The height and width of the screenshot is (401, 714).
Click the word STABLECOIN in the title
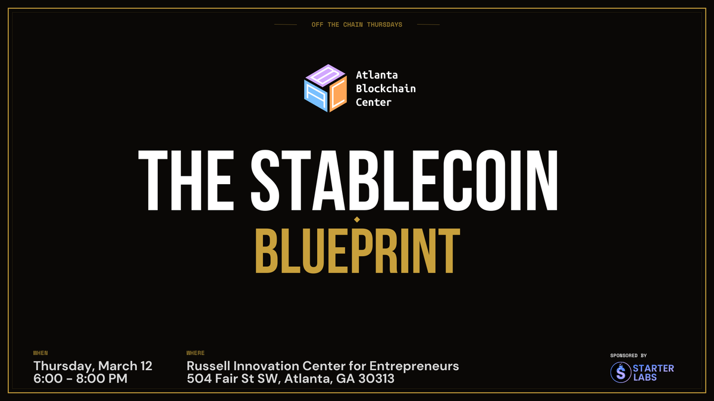405,180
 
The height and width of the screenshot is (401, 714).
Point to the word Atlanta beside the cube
376,75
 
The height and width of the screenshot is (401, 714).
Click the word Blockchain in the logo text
386,89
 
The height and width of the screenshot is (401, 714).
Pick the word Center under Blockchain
374,102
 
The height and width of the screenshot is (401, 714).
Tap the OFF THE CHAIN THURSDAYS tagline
357,24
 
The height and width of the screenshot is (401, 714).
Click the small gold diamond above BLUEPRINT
357,220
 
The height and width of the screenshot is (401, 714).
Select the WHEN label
40,353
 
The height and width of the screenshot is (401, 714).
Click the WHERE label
196,353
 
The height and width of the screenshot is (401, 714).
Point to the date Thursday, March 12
93,366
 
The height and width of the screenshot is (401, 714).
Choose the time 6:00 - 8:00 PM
80,378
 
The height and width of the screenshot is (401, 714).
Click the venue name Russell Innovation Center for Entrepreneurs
322,366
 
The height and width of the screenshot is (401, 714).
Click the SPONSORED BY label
628,355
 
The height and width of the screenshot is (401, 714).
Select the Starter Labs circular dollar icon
622,372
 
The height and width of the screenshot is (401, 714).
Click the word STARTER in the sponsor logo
654,368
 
